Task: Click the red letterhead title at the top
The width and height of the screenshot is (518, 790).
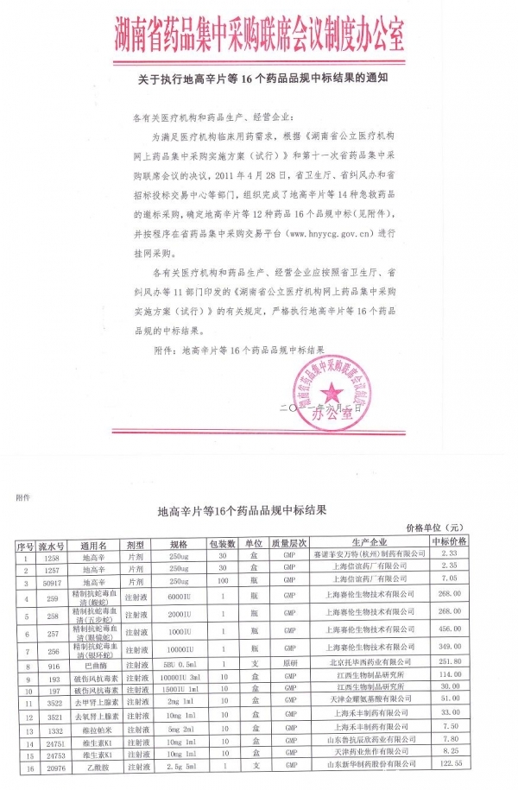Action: pos(259,35)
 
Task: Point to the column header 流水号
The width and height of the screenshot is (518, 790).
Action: pos(52,546)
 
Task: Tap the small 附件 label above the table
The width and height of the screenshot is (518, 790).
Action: pos(22,497)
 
